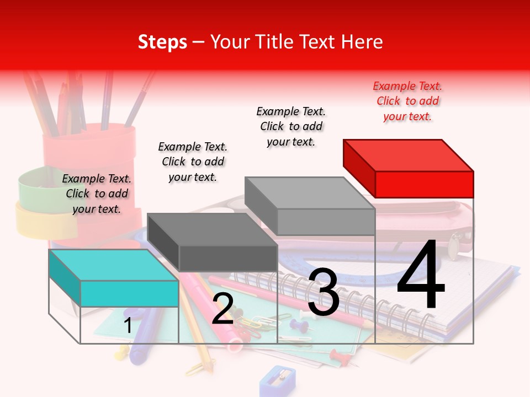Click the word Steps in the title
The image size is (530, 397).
[x=162, y=42]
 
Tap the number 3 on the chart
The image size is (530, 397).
[x=324, y=292]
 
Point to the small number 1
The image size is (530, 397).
[x=128, y=325]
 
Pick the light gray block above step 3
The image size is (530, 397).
[x=310, y=205]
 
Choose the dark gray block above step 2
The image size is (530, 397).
[x=213, y=242]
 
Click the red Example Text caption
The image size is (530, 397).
[x=407, y=101]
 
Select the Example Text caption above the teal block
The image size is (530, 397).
[x=97, y=194]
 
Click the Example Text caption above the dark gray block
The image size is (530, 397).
[x=193, y=162]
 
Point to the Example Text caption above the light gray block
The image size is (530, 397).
[x=291, y=126]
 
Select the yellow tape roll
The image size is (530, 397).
[x=39, y=221]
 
